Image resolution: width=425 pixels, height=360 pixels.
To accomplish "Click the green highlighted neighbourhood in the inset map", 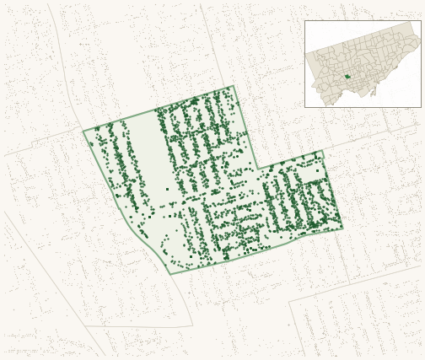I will [347, 77].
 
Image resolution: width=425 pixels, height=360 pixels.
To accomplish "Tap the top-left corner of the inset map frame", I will [305, 21].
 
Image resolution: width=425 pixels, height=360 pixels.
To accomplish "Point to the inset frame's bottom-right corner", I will [421, 107].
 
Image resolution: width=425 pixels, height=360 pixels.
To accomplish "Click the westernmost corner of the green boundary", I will [83, 131].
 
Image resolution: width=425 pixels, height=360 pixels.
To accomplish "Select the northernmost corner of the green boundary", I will [234, 86].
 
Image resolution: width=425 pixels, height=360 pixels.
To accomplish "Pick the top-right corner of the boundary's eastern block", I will [322, 151].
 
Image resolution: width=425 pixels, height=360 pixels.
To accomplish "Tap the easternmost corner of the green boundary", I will [342, 228].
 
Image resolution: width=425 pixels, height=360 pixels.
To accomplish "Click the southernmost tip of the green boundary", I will [169, 274].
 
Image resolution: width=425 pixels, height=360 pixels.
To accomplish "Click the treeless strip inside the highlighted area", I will [150, 160].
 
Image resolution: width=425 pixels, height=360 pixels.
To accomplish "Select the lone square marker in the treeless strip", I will [167, 189].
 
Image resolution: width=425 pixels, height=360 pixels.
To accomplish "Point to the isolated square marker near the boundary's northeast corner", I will [317, 171].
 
